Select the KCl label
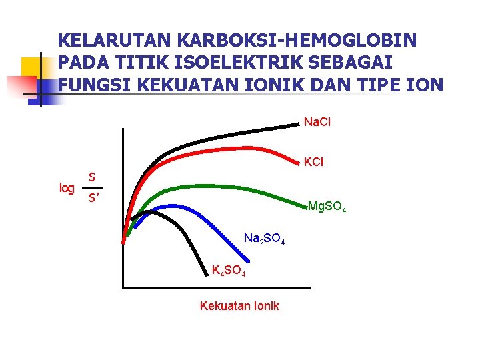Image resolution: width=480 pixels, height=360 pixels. point(313,162)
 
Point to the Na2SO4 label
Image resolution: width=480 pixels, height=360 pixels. point(264,239)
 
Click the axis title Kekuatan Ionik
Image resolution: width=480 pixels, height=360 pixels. point(239,306)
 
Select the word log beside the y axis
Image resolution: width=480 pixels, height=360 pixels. point(67,188)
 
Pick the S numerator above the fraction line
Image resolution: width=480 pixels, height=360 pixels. point(93,177)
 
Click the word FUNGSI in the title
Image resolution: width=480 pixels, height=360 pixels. point(89,85)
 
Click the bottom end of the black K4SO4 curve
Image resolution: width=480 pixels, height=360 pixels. point(207,273)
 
